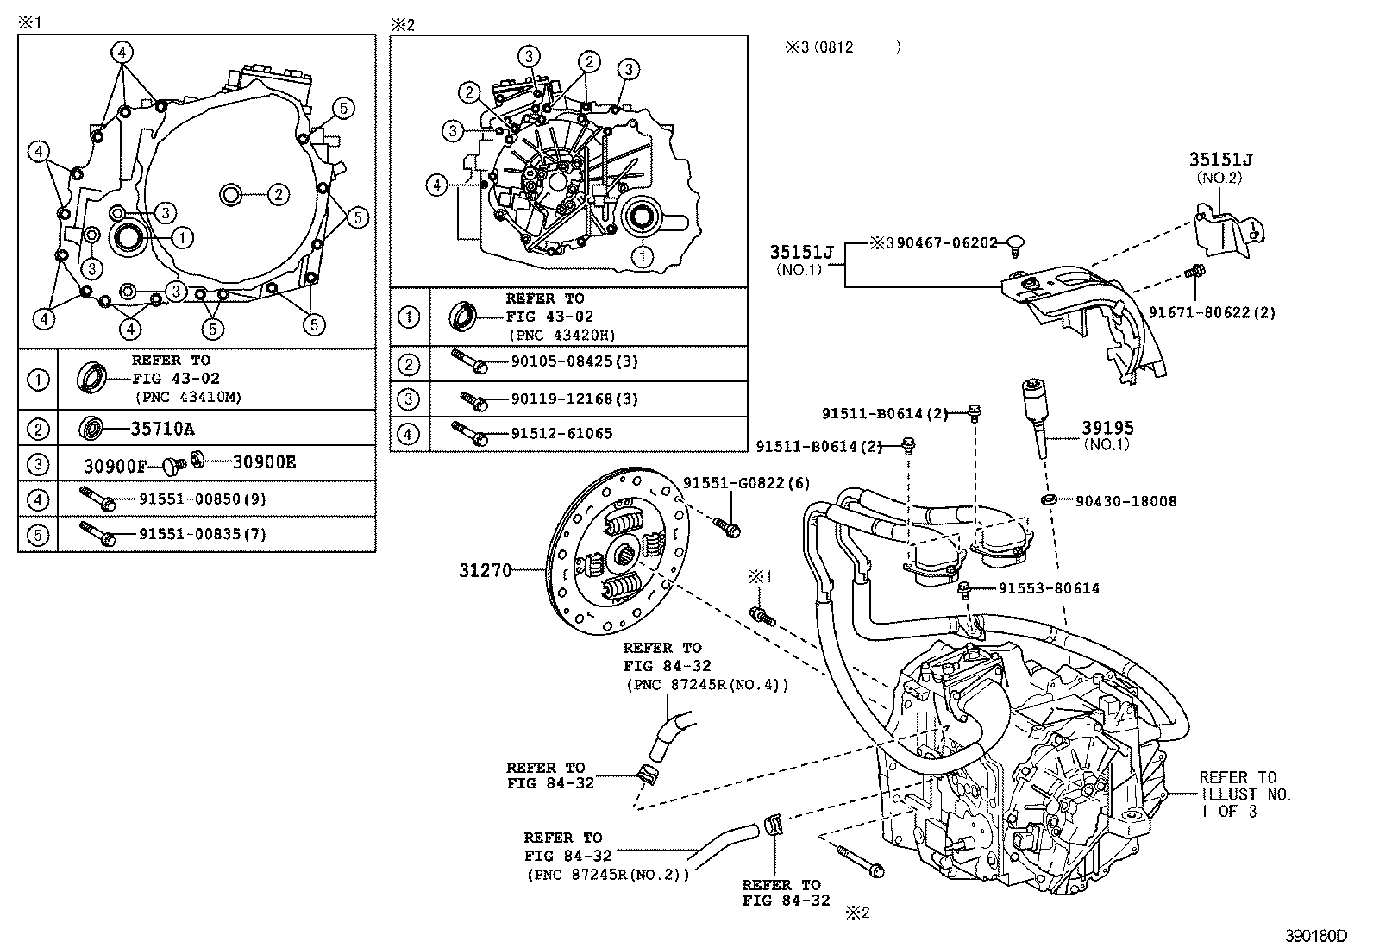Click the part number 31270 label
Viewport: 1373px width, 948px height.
coord(485,570)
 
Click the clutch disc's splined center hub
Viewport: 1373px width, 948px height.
coord(625,552)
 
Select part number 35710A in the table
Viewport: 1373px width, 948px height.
coord(163,429)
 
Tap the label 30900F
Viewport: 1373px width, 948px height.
coord(116,466)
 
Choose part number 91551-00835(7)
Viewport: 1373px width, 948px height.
coord(202,534)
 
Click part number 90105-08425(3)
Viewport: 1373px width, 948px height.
coord(574,361)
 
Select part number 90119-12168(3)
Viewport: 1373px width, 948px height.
coord(574,399)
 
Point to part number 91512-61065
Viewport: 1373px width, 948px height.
coord(561,434)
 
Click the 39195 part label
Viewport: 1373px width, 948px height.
coord(1108,428)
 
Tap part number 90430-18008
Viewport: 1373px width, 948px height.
coord(1125,501)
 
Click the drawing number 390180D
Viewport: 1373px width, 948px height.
coord(1317,935)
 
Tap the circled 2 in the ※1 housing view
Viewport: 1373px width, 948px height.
coord(277,195)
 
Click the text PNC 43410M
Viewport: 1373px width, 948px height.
coord(188,398)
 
